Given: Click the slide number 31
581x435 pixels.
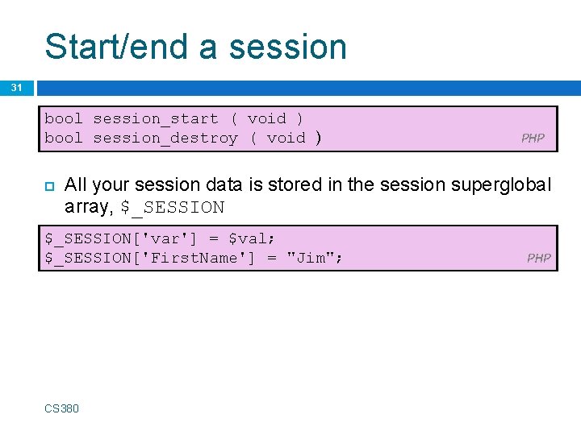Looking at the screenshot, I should [17, 88].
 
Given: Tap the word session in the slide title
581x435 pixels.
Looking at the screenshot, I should [287, 46].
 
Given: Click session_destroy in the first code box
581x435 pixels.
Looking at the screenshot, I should [165, 138].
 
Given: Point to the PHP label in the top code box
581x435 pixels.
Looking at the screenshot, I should [533, 138].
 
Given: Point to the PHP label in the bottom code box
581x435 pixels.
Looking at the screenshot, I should [538, 258].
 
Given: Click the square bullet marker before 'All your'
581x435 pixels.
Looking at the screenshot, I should [48, 186].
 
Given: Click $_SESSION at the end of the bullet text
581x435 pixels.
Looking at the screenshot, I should [172, 207].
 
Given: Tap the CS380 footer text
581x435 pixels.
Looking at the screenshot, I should [62, 408].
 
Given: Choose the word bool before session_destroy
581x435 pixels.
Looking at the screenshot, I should [64, 138].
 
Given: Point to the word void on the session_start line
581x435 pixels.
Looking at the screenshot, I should [266, 118].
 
